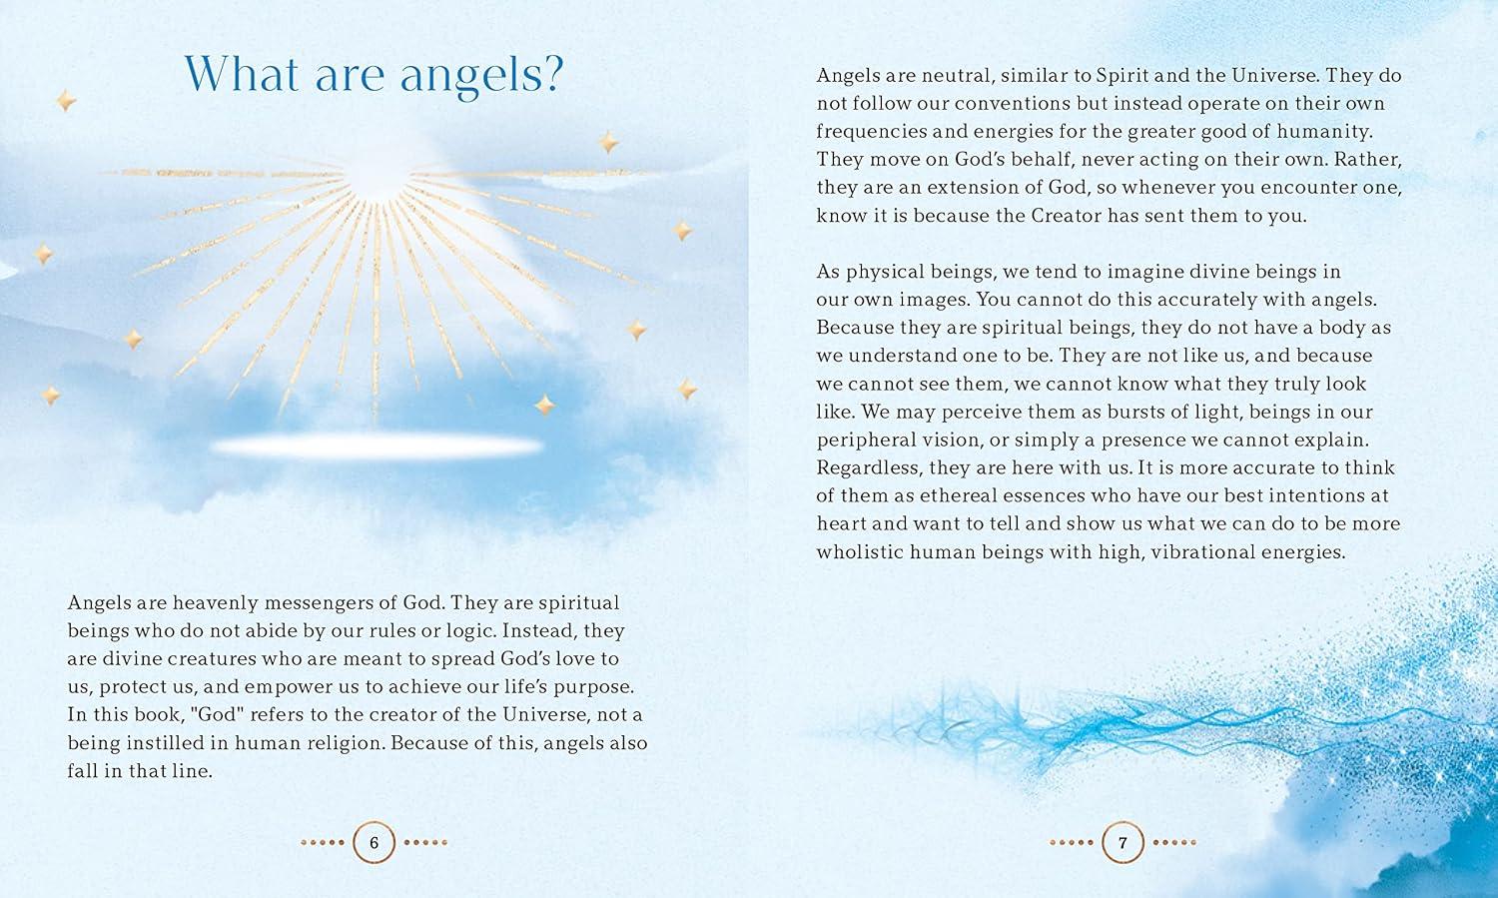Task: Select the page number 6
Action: [x=374, y=843]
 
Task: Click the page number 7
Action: [x=1123, y=843]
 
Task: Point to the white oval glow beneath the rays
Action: [x=376, y=446]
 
